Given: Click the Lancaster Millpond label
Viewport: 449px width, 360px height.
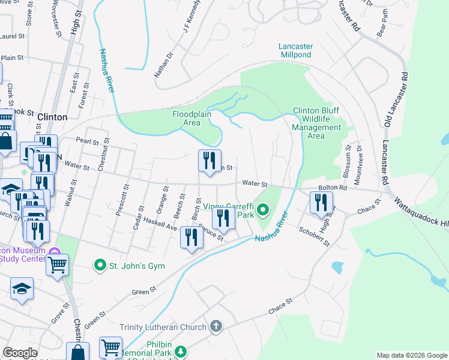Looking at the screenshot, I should click(x=296, y=50).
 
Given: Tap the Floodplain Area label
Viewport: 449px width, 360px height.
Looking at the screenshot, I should click(x=186, y=118).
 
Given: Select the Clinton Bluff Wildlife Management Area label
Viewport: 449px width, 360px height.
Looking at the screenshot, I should click(x=316, y=123).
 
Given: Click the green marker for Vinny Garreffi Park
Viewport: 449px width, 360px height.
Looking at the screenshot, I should click(x=264, y=210).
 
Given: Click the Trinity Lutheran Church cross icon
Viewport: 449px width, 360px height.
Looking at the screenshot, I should click(x=215, y=327).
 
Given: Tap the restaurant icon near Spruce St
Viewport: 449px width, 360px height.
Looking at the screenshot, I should click(x=192, y=237).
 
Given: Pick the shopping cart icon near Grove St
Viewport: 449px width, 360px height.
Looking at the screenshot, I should click(x=57, y=264).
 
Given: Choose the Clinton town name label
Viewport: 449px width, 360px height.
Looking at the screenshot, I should click(x=52, y=117).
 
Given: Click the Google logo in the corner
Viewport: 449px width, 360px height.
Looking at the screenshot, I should click(x=20, y=353).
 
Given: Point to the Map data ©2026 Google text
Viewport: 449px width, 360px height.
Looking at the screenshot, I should click(x=411, y=355).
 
